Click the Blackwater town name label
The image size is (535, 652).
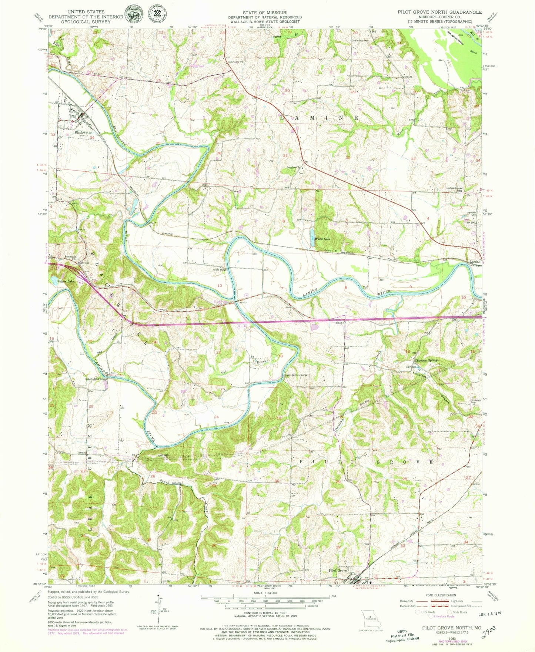pyautogui.click(x=83, y=132)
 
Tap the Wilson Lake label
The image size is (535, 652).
pyautogui.click(x=66, y=282)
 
